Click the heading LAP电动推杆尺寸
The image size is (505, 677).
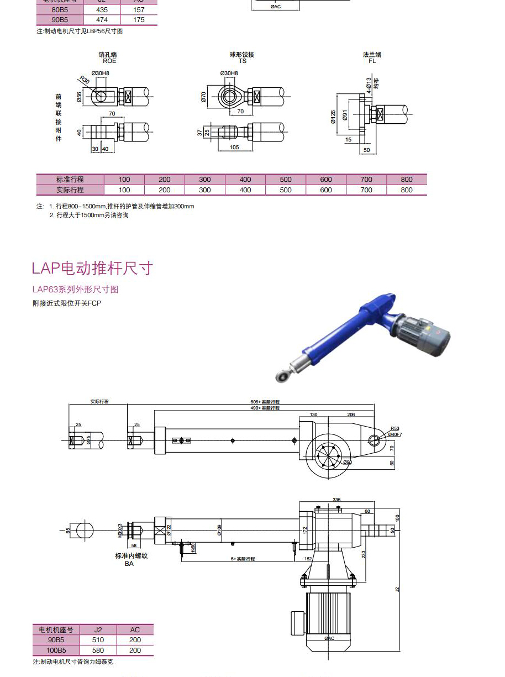tap(92, 269)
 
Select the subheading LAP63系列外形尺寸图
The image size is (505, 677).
tap(75, 290)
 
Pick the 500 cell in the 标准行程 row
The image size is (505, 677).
tap(286, 180)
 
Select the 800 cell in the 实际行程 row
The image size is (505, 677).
tap(407, 190)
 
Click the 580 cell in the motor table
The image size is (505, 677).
tap(98, 650)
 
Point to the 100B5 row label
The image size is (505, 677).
tap(56, 650)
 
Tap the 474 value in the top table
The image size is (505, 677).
tap(102, 20)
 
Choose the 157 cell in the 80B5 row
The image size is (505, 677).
tap(139, 10)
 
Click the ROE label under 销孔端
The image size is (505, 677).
tap(109, 61)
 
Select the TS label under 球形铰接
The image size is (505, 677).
tap(242, 61)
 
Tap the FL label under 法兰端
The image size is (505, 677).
tap(372, 61)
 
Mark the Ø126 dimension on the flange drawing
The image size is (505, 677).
tap(333, 117)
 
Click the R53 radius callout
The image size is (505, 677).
tap(394, 428)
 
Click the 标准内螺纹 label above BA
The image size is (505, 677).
tap(131, 556)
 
